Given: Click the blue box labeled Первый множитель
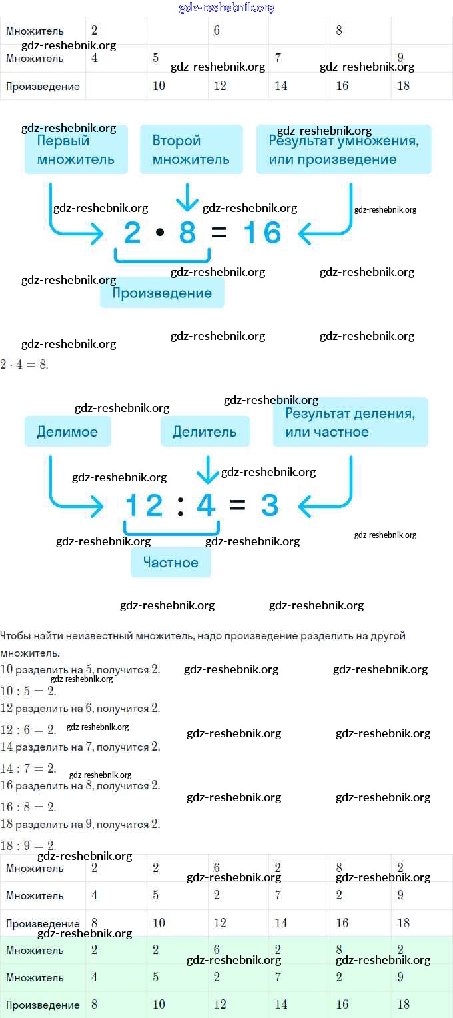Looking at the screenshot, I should coord(76,149).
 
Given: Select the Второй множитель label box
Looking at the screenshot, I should coord(191,149).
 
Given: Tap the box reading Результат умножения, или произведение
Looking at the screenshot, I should coord(344,149).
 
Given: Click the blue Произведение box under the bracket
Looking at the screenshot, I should coord(162,293).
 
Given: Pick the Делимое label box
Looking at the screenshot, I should coord(67,431).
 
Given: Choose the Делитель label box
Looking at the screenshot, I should coord(205,431).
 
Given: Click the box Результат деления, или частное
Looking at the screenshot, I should coord(350,422).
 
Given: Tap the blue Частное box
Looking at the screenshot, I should coord(171,563).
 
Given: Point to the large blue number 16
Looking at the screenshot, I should coord(262,233).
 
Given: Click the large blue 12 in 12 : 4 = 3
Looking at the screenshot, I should coord(145,505).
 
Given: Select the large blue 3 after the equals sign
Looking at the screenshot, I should coord(269,505).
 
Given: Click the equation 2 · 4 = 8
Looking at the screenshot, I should coord(24,365).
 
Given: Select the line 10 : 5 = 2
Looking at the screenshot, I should coord(28,691).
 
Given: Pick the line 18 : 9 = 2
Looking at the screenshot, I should coord(28,845).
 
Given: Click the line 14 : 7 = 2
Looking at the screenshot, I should coord(28,768).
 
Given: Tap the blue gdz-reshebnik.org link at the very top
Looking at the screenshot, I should coord(226,8).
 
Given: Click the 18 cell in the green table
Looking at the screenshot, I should coord(404,1005).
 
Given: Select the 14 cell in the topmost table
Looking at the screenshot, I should coord(281,86).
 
